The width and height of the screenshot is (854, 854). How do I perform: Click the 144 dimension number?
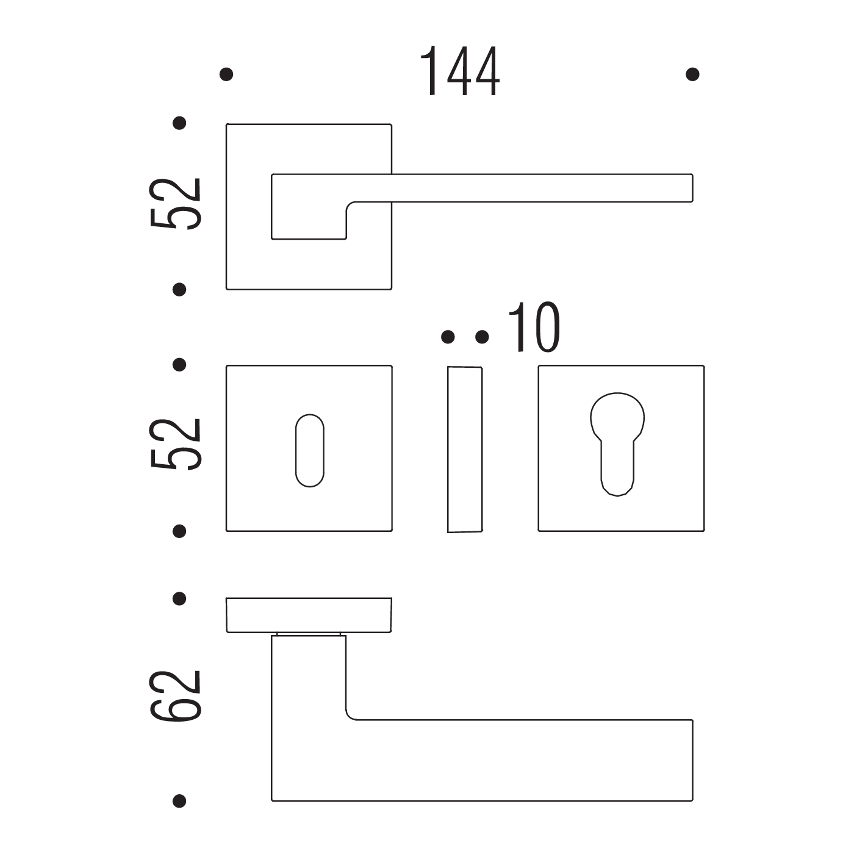(x=459, y=71)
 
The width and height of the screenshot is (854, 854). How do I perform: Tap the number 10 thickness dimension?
(x=534, y=328)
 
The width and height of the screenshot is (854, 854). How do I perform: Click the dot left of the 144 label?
(x=226, y=74)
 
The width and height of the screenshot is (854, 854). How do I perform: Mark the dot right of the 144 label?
(x=692, y=74)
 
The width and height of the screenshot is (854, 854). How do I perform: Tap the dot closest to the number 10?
(x=482, y=337)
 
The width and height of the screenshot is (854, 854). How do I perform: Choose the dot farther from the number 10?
(x=448, y=337)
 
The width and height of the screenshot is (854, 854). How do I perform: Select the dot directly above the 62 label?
(x=179, y=599)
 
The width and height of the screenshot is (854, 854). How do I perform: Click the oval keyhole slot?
(x=310, y=451)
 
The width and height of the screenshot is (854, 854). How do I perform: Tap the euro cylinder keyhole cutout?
(x=617, y=444)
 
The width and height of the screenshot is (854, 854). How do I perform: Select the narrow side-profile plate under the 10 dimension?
(x=465, y=450)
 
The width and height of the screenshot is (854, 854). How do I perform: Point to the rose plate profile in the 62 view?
(x=309, y=615)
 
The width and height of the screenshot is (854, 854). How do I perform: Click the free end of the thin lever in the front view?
(x=692, y=188)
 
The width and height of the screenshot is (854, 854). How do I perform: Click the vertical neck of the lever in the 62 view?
(x=309, y=678)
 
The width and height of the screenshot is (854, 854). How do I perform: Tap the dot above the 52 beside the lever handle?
(x=179, y=123)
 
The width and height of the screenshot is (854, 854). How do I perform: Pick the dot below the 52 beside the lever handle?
(x=179, y=290)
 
